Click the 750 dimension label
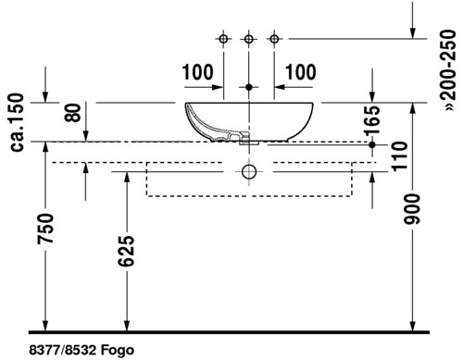coord(45,229)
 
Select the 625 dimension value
coord(126,251)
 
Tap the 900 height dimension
coord(412,209)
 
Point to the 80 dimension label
coord(73,112)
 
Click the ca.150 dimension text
coord(17,122)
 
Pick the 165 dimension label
coord(372,120)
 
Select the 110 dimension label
coord(400,155)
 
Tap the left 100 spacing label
coord(197,72)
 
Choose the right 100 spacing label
coord(301,72)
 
